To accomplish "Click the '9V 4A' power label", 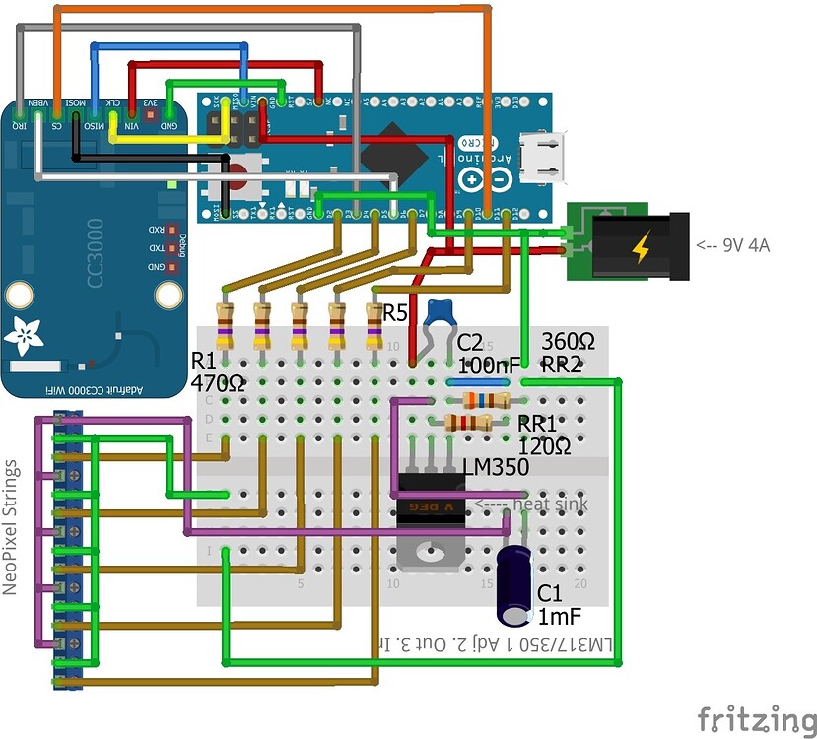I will coord(733,245).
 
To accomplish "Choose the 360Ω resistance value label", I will coord(569,342).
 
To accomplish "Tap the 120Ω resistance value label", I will coord(545,445).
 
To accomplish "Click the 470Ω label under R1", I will coord(218,381).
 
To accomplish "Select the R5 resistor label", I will coord(395,314).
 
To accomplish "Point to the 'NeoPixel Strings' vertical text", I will coord(12,527).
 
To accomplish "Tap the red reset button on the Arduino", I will coord(239,178).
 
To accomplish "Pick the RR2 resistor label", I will coord(563,363).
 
